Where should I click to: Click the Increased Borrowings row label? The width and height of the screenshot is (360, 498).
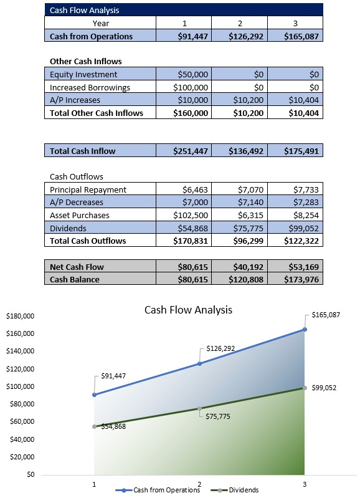click(x=90, y=87)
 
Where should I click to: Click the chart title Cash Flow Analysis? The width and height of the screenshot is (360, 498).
click(x=188, y=309)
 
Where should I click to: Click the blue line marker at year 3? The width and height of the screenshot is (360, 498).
click(x=305, y=329)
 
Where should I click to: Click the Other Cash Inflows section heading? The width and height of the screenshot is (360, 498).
click(x=85, y=62)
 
